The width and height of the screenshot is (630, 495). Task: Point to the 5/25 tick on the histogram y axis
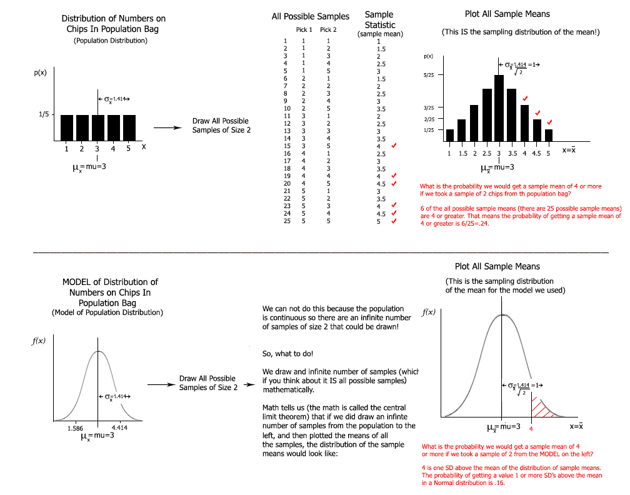click(429, 75)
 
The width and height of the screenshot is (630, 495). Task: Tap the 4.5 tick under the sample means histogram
click(536, 152)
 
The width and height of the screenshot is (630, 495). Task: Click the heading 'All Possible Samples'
click(311, 16)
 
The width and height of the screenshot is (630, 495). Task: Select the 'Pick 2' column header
click(328, 30)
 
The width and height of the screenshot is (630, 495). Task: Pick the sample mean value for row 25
click(378, 221)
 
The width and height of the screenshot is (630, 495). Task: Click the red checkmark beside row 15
click(393, 146)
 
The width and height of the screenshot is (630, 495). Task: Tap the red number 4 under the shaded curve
click(531, 429)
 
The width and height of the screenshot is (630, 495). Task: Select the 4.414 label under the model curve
click(121, 428)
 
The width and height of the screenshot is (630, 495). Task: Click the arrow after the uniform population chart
click(167, 127)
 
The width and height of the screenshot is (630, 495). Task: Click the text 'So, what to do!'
click(287, 354)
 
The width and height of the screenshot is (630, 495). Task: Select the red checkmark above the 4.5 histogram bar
click(537, 112)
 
